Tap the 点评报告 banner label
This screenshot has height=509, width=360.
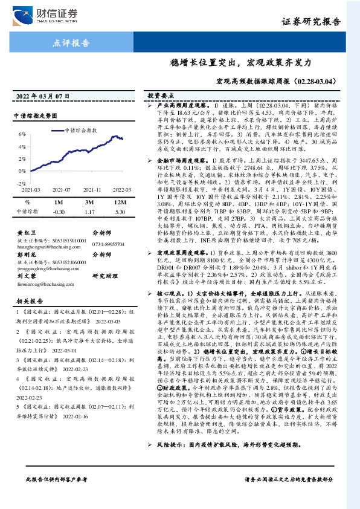pos(72,44)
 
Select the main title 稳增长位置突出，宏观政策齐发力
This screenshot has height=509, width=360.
pos(240,63)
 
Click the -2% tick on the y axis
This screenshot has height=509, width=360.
pos(21,182)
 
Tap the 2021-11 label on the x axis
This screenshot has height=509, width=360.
pos(92,189)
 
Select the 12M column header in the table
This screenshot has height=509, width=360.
pos(119,203)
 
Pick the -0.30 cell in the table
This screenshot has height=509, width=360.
pos(59,212)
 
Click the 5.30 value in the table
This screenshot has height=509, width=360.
pos(119,212)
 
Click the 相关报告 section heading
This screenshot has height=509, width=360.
pos(27,300)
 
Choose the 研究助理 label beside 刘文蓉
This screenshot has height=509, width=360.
pos(103,275)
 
